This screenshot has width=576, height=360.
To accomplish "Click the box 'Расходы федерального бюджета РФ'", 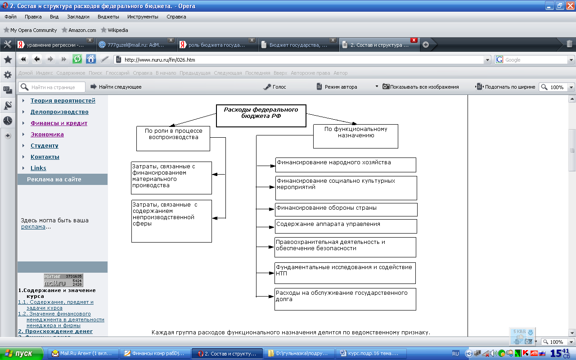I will click(x=261, y=116).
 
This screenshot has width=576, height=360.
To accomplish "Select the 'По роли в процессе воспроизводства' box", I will click(x=173, y=138).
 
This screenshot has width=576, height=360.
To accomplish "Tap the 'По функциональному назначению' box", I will click(x=355, y=136).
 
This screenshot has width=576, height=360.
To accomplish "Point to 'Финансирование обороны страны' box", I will click(x=346, y=210).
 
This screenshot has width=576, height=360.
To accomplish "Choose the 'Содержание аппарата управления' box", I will click(x=346, y=226).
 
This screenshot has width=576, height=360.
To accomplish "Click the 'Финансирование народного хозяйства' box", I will click(x=346, y=165).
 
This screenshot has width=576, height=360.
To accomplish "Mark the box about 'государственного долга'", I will click(x=345, y=299).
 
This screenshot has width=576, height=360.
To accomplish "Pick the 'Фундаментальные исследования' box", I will click(x=345, y=273).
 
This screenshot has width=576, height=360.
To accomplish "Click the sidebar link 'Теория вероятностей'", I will click(x=63, y=101).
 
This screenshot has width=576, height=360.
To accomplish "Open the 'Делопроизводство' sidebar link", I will click(x=59, y=112).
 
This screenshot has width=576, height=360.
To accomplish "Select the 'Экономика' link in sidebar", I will click(x=47, y=135).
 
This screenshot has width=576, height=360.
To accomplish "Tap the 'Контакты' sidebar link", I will click(x=45, y=157).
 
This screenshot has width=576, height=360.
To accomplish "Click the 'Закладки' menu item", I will click(x=78, y=17).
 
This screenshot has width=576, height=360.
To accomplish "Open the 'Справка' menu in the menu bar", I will click(x=176, y=17).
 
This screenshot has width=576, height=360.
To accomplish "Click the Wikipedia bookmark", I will click(x=117, y=30).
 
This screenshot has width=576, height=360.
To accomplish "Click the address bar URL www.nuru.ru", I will click(x=160, y=59).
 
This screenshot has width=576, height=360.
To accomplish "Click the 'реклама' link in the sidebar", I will click(x=33, y=227).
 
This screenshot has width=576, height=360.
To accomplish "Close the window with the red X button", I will click(x=570, y=6).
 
